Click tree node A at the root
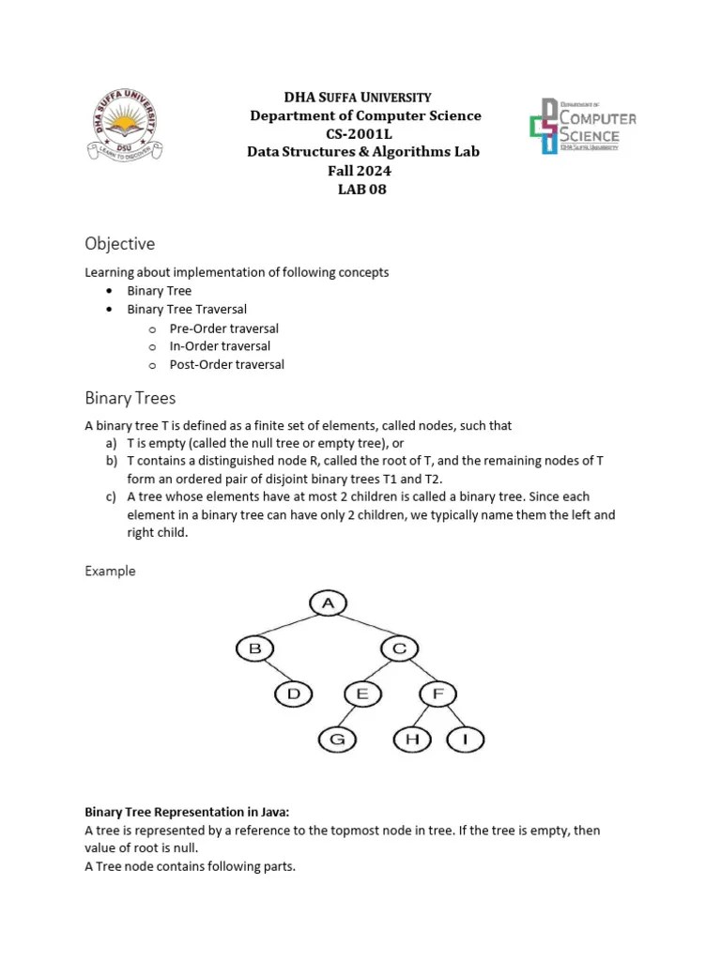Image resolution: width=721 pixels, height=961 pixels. (328, 603)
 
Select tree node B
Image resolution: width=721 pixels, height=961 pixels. (254, 648)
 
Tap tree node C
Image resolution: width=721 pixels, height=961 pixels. (400, 648)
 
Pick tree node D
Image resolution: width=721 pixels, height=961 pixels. (294, 694)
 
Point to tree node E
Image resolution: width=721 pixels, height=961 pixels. (362, 694)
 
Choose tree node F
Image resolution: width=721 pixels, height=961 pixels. (437, 694)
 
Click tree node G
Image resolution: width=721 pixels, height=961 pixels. (338, 740)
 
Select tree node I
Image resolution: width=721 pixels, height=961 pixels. (464, 740)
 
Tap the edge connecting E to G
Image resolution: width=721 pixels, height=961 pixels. (350, 717)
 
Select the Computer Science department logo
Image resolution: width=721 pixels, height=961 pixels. (583, 127)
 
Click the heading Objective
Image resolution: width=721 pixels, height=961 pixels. (120, 244)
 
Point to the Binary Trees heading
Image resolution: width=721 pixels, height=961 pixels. (130, 398)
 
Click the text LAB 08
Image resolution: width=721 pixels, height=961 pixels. (361, 190)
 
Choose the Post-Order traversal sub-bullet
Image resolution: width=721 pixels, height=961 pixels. (226, 364)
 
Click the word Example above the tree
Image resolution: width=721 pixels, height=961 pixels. (111, 571)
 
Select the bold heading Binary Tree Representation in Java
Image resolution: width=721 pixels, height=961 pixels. (203, 812)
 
